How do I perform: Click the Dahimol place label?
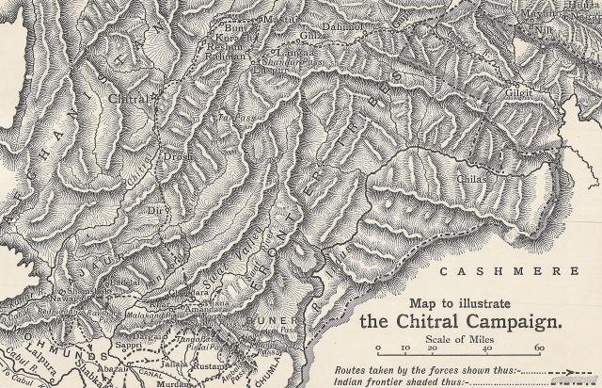[x=345, y=28]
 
